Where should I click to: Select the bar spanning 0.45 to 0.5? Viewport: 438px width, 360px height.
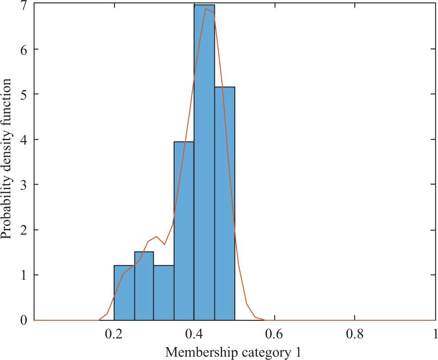225,203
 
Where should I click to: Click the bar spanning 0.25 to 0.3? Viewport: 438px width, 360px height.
144,286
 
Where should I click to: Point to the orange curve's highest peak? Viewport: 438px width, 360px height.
206,9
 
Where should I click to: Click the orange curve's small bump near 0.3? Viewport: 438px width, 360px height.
157,237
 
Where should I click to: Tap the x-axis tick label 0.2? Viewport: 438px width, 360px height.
114,333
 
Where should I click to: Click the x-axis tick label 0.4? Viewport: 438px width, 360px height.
194,333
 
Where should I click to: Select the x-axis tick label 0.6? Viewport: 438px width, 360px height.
274,333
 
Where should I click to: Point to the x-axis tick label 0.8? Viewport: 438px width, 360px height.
354,333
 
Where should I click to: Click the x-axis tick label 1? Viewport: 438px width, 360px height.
433,333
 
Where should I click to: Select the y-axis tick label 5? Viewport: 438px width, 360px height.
23,95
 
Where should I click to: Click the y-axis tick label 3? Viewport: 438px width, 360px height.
23,185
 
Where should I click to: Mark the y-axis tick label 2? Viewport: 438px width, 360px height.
23,230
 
